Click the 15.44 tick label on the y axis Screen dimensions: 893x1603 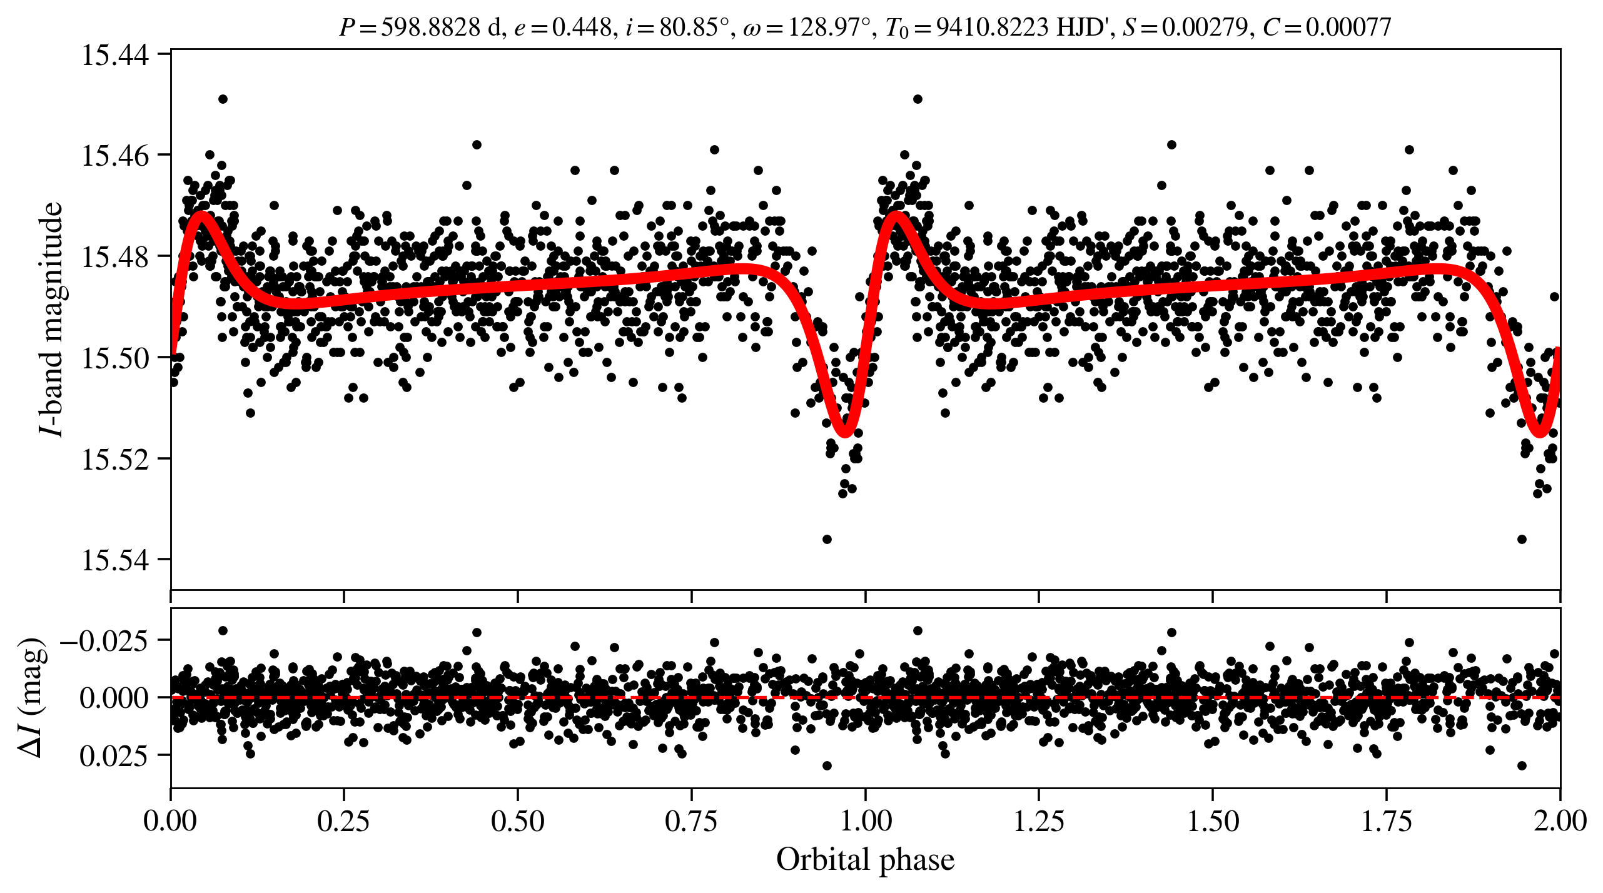(116, 55)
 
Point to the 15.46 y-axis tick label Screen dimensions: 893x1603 (116, 156)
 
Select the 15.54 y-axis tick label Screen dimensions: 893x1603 (116, 560)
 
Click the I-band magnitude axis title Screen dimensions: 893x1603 (51, 319)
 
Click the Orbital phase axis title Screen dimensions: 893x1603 (865, 860)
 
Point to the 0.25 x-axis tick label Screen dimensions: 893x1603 (343, 821)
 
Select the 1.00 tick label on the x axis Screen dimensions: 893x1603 (865, 821)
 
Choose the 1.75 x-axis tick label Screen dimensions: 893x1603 (1387, 821)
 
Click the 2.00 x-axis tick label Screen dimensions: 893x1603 (1560, 821)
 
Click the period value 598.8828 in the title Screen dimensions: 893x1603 (431, 28)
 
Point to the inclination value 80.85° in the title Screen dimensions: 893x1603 (694, 28)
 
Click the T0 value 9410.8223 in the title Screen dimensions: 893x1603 (992, 28)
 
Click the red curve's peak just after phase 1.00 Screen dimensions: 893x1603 (896, 216)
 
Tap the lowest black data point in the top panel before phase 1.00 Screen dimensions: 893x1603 (827, 539)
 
